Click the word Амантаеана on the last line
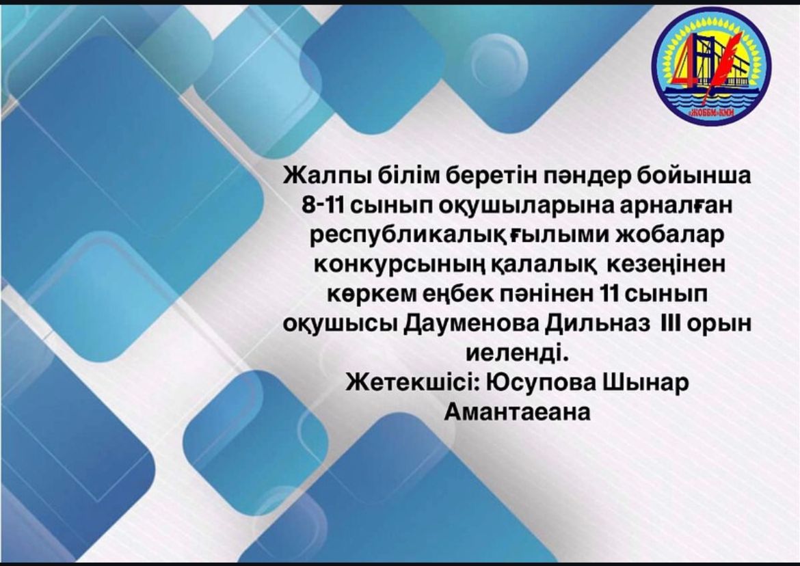[517, 412]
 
